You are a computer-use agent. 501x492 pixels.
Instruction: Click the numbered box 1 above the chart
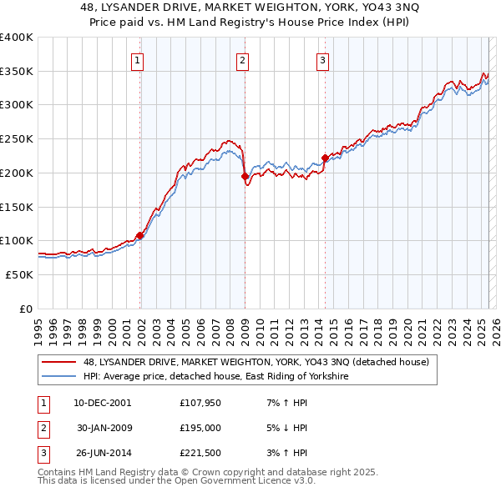point(136,59)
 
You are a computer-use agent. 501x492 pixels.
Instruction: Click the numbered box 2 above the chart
point(241,59)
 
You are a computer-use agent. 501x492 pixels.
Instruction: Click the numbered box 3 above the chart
point(322,59)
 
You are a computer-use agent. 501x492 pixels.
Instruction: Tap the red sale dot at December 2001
point(140,236)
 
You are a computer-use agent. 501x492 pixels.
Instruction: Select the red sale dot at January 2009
point(245,177)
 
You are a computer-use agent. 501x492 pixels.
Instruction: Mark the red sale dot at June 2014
point(325,158)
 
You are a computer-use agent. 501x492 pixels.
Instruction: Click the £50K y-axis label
point(19,274)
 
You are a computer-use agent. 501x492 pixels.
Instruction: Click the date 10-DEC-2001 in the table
point(103,403)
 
